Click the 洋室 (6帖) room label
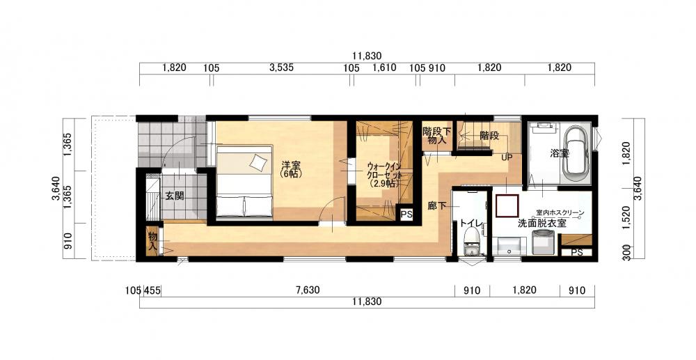[292, 170]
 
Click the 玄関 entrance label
[175, 195]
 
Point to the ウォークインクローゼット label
[384, 175]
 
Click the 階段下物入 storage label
[437, 136]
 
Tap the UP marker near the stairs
[507, 157]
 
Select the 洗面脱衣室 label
[542, 224]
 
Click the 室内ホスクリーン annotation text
[560, 213]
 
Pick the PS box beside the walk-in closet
[406, 214]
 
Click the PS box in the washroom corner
[576, 252]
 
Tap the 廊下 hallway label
[437, 205]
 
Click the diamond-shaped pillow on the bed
[258, 162]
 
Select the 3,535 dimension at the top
[281, 68]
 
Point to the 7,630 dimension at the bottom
[308, 291]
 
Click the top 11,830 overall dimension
[367, 56]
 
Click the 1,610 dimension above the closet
[384, 68]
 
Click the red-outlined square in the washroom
[508, 206]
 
